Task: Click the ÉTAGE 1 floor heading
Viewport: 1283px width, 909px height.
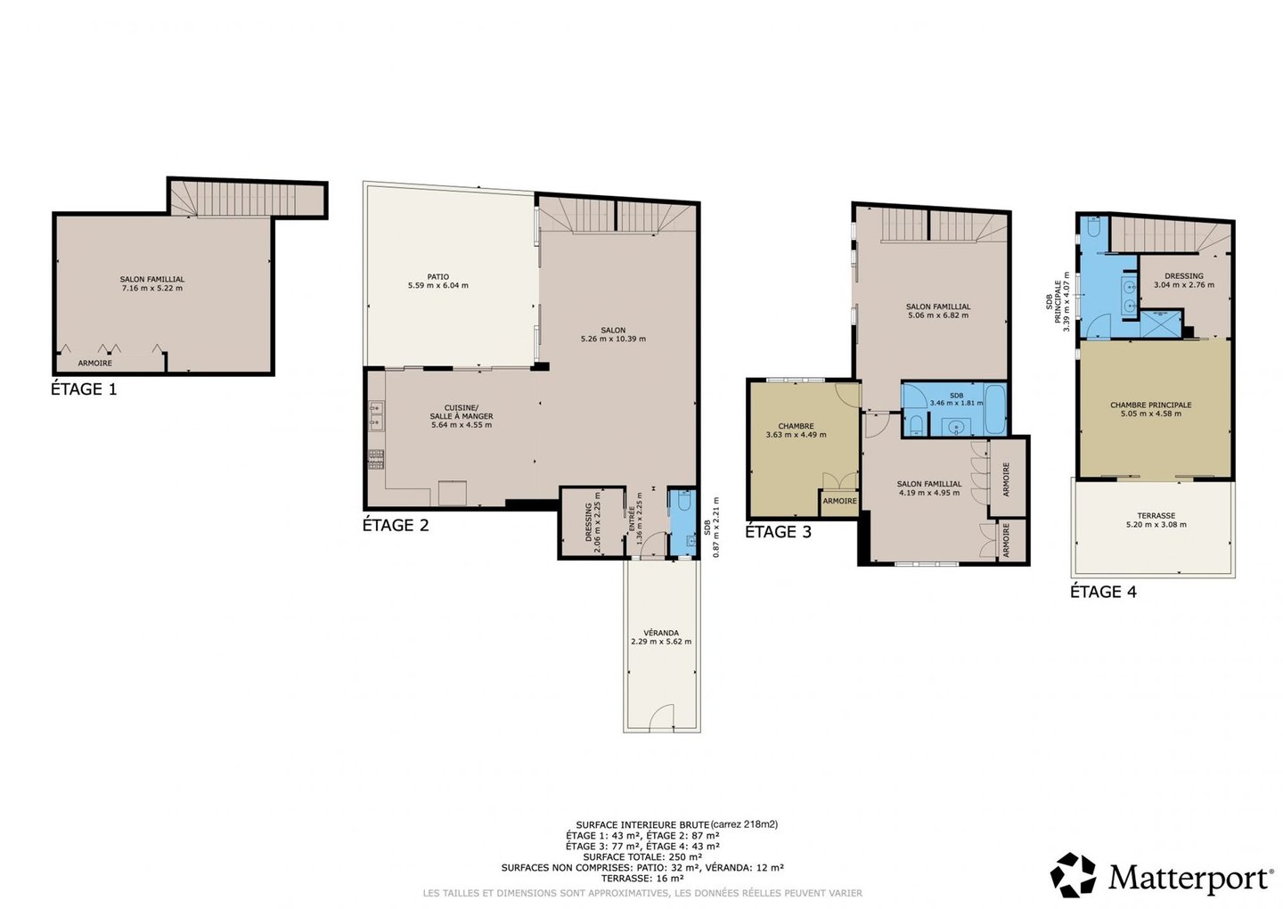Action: (x=84, y=389)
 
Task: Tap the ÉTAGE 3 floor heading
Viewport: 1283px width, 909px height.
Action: (x=778, y=531)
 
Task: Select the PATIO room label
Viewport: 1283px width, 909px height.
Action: (x=438, y=276)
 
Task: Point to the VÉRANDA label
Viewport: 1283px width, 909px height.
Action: (x=661, y=633)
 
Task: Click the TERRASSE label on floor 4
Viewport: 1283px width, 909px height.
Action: (x=1156, y=515)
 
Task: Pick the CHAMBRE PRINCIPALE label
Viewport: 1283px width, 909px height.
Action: (x=1151, y=405)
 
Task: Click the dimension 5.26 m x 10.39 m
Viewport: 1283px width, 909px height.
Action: (x=613, y=339)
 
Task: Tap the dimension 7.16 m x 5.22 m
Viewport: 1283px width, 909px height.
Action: (x=151, y=288)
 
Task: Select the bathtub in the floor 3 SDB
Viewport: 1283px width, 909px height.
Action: (x=996, y=409)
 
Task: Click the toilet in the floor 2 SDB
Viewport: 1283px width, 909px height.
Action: (x=683, y=502)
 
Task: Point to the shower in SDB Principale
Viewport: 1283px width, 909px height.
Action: (x=1161, y=324)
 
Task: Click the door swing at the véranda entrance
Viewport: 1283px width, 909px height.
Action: (x=661, y=717)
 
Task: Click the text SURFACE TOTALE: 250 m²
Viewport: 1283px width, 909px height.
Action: (x=642, y=857)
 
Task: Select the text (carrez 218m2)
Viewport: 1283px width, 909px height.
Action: (x=744, y=825)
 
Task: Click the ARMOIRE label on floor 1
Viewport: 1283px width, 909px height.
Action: (x=95, y=363)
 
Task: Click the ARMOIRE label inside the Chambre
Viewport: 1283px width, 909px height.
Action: (x=839, y=501)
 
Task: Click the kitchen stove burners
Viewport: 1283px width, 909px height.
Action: (x=376, y=459)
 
